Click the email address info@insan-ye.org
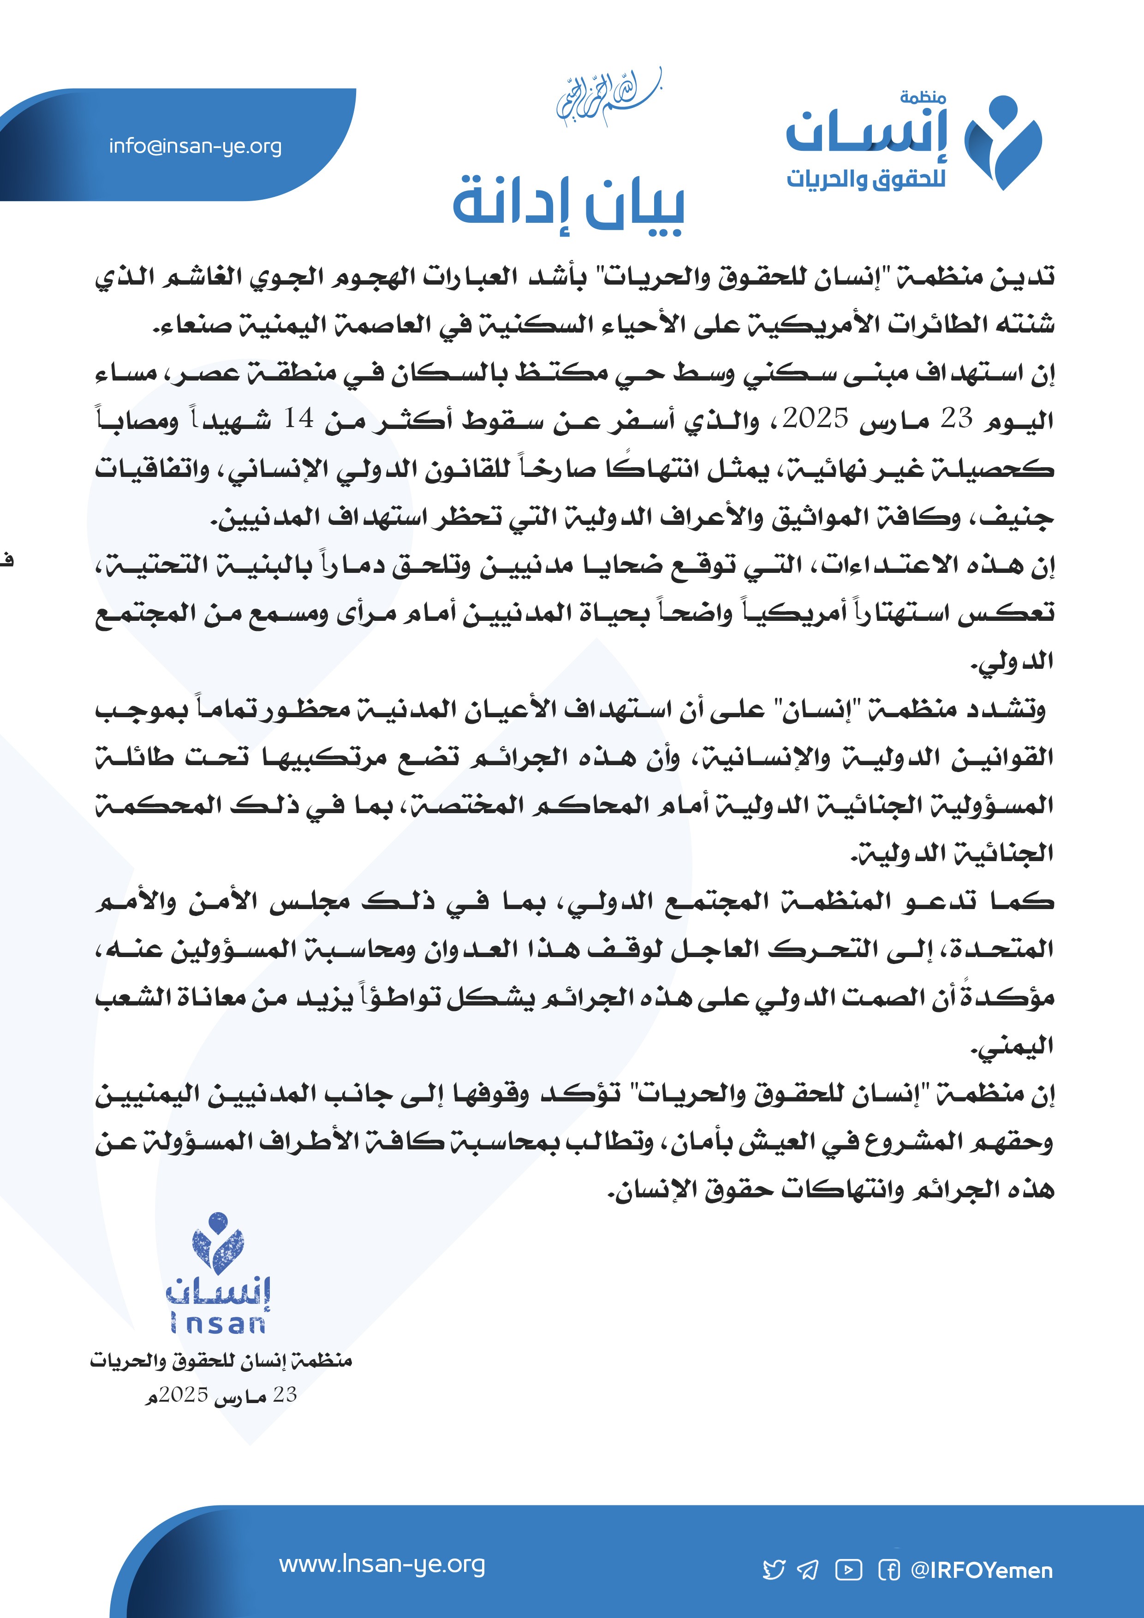[x=195, y=147]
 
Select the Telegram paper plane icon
[x=808, y=1570]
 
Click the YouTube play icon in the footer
[x=849, y=1570]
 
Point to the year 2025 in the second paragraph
[x=816, y=419]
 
